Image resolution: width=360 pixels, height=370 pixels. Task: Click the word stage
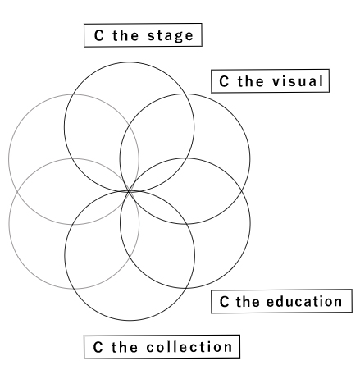[x=171, y=36]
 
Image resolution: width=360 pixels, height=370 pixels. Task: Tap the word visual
[x=298, y=81]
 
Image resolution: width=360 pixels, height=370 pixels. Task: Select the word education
[x=304, y=301]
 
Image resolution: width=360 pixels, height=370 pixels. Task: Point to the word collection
[x=189, y=347]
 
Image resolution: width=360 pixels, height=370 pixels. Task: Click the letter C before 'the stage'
[x=98, y=35]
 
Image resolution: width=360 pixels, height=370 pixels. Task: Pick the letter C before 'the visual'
[x=224, y=81]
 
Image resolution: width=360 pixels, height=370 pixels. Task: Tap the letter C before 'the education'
[x=224, y=302]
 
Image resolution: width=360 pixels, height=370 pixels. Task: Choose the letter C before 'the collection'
[x=98, y=347]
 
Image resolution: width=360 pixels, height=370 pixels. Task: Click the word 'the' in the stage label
[x=125, y=35]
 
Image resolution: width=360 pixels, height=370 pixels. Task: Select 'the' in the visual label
[x=250, y=81]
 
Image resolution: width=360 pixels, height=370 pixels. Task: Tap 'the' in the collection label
[x=125, y=347]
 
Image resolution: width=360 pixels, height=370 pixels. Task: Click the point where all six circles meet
[x=129, y=191]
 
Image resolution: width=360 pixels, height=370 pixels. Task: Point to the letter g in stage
[x=178, y=37]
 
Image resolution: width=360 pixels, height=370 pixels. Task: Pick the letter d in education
[x=282, y=301]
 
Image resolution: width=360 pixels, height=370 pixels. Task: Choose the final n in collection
[x=228, y=349]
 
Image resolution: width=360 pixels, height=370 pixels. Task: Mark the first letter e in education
[x=271, y=303]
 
